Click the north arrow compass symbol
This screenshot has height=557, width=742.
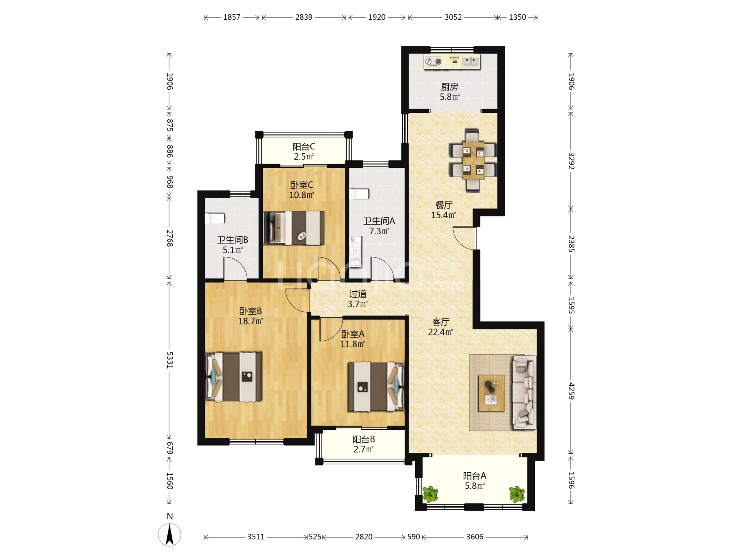coord(169,535)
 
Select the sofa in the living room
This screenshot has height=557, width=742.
coord(524,393)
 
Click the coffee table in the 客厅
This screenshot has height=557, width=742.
coord(492,393)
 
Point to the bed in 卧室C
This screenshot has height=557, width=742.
coord(294,228)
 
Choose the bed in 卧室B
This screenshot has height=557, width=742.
coord(233,376)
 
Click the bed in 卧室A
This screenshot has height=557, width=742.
coord(376,386)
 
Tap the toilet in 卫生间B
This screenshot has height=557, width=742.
coord(214,219)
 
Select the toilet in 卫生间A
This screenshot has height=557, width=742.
coord(359,194)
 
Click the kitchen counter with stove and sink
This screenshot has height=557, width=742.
coord(452,62)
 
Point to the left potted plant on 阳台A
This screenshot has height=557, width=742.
coord(431,494)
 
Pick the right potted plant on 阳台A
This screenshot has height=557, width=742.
coord(517,494)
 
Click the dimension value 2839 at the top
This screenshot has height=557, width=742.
coord(304,17)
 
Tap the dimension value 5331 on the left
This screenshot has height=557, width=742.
coord(170,360)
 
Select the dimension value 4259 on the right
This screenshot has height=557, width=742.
coord(572,391)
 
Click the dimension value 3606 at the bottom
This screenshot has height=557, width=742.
coord(475,537)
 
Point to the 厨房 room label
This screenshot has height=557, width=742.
coord(449,87)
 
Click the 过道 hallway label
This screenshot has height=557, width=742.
coord(357,294)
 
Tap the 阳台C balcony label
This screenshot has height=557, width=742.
coord(304,147)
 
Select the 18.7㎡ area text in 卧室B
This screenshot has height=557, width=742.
coord(250,321)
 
